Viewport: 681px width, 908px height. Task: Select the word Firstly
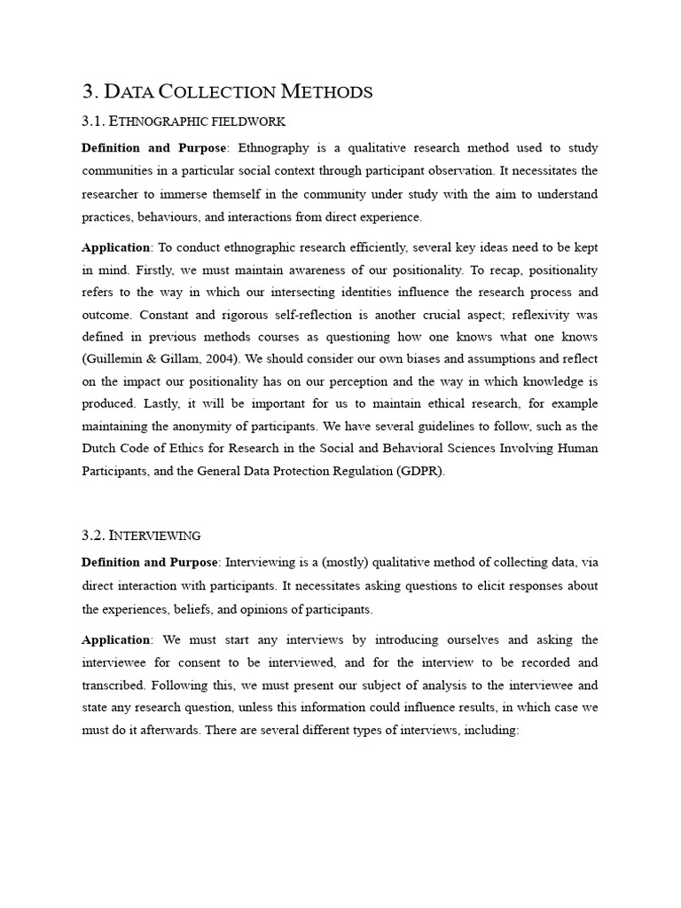(x=139, y=270)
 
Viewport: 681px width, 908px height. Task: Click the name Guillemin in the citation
(x=114, y=359)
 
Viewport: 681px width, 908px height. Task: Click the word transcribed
(x=113, y=685)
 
